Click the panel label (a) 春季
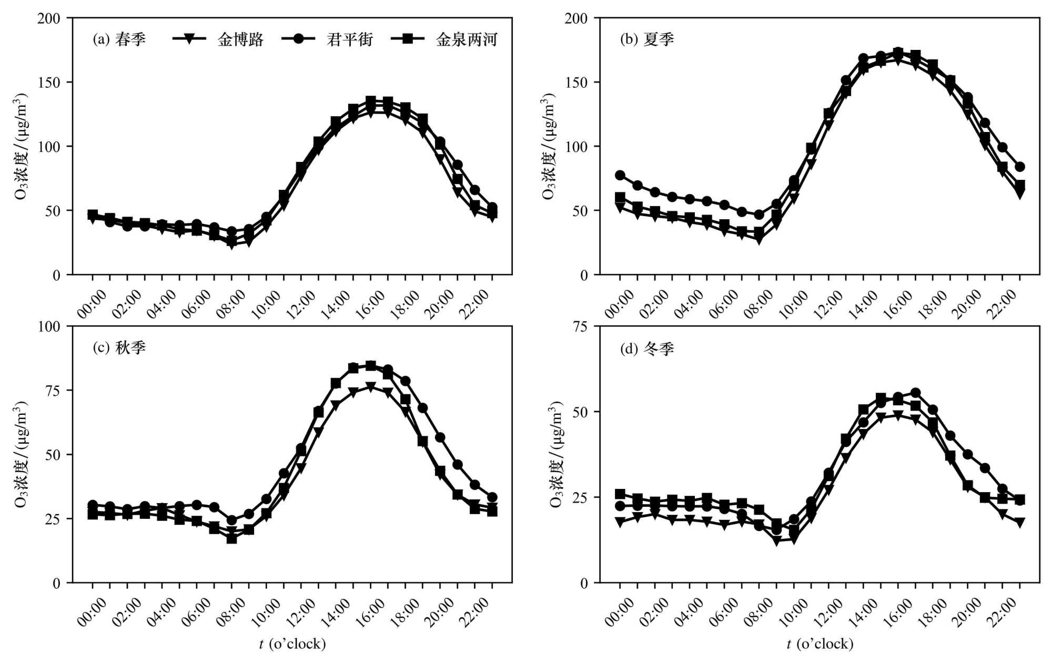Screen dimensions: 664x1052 point(119,39)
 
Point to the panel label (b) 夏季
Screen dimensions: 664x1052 point(647,39)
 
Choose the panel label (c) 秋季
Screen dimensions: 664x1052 point(119,348)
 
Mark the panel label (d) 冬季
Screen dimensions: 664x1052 point(647,348)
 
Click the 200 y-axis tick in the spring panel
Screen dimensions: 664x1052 point(48,18)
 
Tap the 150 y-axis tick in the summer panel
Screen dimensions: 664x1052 point(576,83)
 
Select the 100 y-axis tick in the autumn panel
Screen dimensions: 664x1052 point(48,326)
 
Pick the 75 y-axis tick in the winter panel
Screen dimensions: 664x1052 point(580,326)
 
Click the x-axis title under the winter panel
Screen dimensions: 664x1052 point(820,644)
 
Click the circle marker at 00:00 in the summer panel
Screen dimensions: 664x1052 point(620,175)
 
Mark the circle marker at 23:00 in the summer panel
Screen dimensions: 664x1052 point(1020,167)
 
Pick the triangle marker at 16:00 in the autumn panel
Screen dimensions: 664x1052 point(371,387)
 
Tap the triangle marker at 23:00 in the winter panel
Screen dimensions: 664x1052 point(1020,522)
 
